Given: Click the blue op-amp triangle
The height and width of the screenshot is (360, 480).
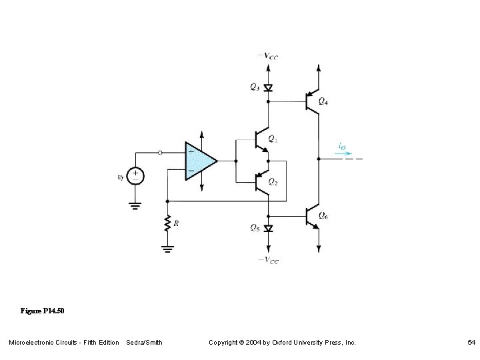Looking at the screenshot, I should click(x=199, y=161).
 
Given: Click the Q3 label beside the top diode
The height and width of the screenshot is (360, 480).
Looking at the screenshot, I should click(x=255, y=87).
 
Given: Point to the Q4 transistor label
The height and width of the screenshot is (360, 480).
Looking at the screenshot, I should click(x=323, y=101).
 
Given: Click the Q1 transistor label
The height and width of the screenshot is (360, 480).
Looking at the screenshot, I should click(x=273, y=139).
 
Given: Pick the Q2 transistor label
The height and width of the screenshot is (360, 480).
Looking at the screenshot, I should click(x=273, y=181).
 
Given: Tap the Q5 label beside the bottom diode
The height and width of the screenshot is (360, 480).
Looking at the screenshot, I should click(x=255, y=227).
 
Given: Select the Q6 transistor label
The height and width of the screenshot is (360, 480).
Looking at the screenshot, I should click(x=323, y=215).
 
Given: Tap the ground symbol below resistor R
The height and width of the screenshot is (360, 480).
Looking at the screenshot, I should click(x=168, y=250).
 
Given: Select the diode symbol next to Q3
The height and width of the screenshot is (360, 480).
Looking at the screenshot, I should click(x=268, y=87).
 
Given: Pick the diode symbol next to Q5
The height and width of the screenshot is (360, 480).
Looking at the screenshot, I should click(x=268, y=228).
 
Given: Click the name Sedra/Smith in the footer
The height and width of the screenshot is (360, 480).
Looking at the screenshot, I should click(x=144, y=342).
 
